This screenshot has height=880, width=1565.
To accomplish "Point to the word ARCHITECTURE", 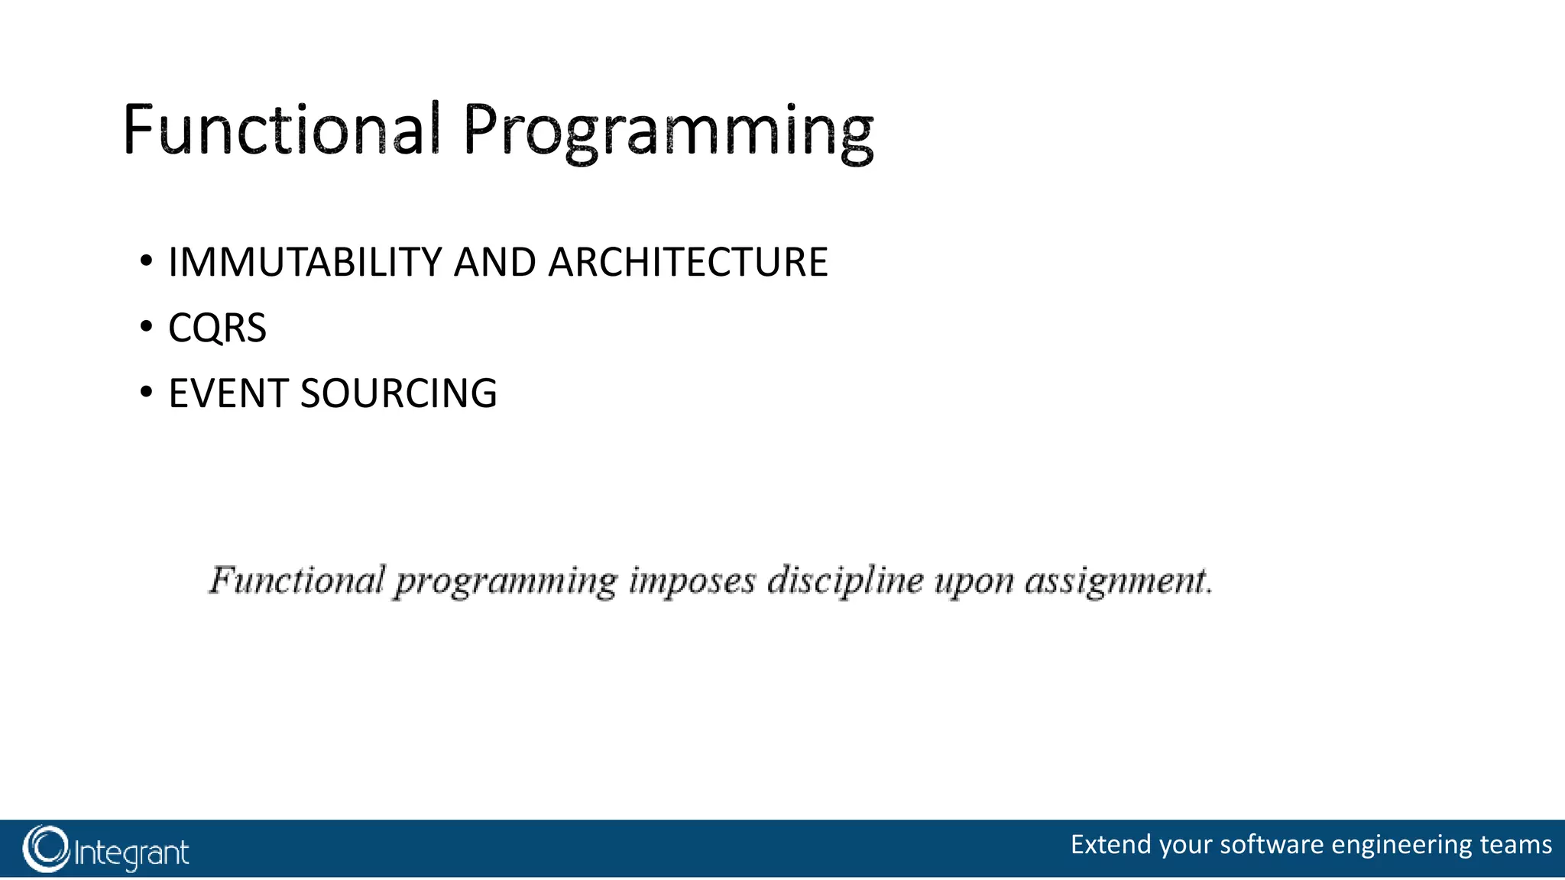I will (688, 262).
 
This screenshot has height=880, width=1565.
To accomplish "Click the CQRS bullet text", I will (217, 328).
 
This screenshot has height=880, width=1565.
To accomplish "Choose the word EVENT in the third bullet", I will (228, 393).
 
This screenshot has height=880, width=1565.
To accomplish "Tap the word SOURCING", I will (398, 393).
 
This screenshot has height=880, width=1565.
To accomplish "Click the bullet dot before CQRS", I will (146, 328).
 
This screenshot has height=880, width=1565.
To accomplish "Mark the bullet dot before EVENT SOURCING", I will (146, 393).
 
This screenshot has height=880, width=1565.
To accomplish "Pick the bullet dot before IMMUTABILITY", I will (146, 262).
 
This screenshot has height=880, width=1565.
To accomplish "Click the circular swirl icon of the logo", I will (46, 849).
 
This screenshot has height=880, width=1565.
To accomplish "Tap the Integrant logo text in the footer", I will (131, 852).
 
